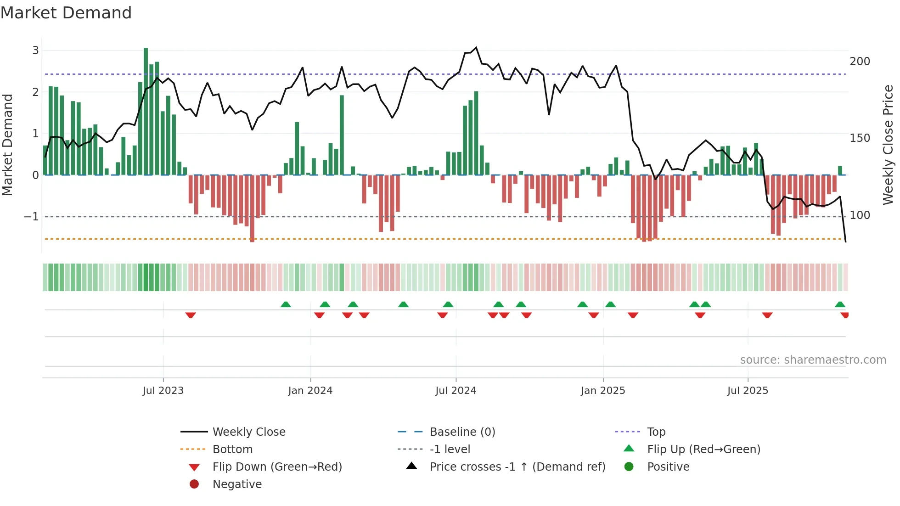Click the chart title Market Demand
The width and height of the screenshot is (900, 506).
pos(66,13)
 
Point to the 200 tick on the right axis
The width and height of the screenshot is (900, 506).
pos(860,62)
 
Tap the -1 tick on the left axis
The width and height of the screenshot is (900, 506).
pos(31,216)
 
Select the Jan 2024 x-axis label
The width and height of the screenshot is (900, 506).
pos(310,391)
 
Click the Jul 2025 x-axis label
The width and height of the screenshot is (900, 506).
pos(747,391)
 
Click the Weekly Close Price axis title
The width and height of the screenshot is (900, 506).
pos(888,145)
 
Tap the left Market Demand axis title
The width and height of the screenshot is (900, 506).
pos(8,145)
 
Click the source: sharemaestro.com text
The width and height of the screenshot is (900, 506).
pos(813,360)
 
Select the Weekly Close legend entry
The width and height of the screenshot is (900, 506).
pos(248,432)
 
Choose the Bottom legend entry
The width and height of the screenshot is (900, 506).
pos(232,450)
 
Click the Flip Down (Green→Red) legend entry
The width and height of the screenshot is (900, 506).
pos(277,467)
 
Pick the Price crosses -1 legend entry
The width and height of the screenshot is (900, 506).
pos(517,467)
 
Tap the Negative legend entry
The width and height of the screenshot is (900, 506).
pos(237,484)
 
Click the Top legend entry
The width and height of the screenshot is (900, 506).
pos(656,432)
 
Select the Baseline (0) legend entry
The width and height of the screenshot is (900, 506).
pos(462,432)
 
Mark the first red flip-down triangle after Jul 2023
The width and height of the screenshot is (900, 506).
pos(191,315)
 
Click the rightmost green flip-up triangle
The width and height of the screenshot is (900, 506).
pos(840,304)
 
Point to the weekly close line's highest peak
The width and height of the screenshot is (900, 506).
pos(476,48)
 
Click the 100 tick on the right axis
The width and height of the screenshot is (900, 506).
pos(860,215)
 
